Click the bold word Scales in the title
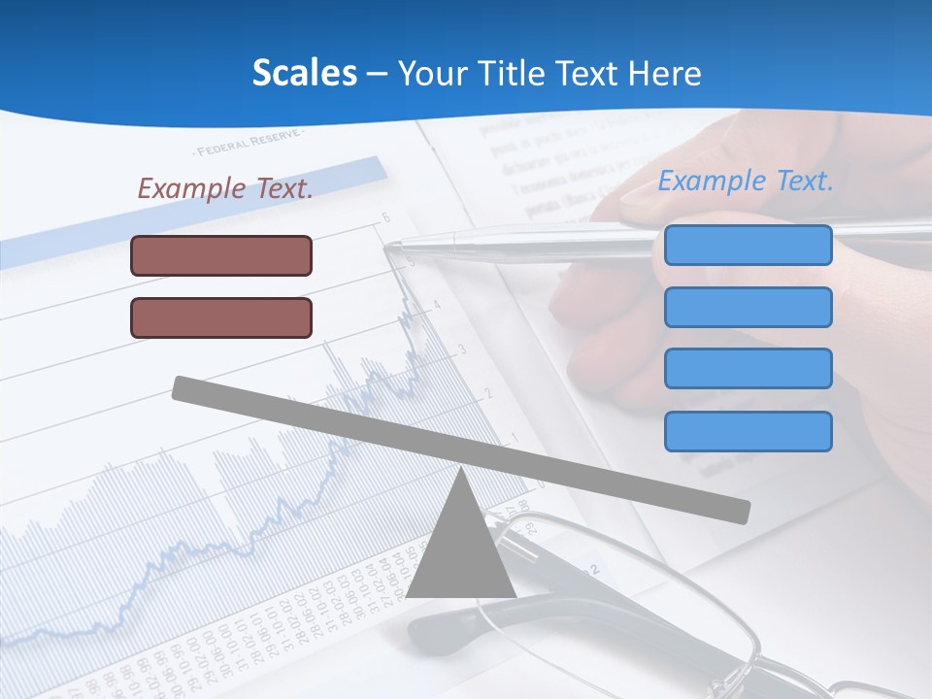pos(304,74)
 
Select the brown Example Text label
pos(225,188)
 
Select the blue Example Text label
pos(746,181)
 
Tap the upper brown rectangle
pos(221,255)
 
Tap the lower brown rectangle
pos(221,317)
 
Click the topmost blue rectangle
pos(748,245)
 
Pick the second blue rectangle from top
pos(748,307)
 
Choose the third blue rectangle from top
pos(748,368)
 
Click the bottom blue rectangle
pos(748,431)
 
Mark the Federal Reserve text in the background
pos(248,145)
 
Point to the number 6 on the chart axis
pos(385,217)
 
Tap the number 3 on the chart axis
pos(462,349)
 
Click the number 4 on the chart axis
pos(437,305)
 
